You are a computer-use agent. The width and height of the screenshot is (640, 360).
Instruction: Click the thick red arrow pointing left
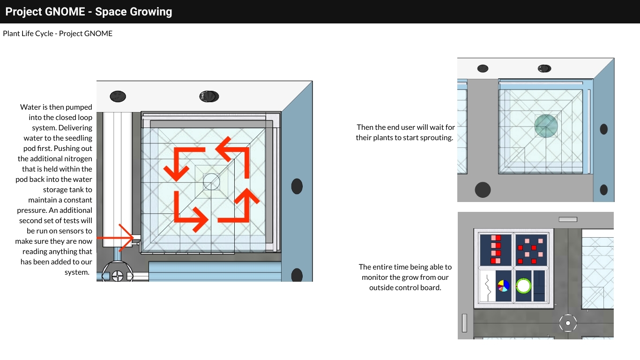[x=232, y=157]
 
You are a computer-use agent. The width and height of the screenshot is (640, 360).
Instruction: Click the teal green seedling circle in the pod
[x=546, y=126]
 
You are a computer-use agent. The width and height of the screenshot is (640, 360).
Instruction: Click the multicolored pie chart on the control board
[x=504, y=286]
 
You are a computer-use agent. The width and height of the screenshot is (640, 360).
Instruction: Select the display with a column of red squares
[x=495, y=250]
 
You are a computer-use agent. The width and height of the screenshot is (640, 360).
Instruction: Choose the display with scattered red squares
[x=531, y=250]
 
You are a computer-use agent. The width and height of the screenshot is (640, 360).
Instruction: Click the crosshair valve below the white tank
[x=118, y=276]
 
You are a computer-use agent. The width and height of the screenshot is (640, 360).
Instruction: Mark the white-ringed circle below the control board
[x=568, y=323]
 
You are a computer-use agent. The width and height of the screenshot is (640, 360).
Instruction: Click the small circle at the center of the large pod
[x=211, y=181]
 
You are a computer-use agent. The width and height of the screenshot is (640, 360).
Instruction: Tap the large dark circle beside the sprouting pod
[x=483, y=190]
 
